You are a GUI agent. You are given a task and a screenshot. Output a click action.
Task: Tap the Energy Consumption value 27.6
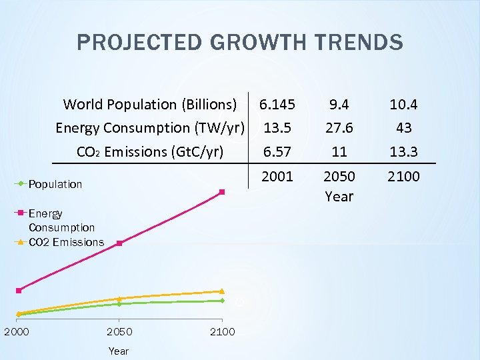click(339, 128)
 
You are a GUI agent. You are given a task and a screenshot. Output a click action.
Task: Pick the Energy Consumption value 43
click(403, 128)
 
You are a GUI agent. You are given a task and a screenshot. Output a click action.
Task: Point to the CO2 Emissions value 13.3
click(403, 152)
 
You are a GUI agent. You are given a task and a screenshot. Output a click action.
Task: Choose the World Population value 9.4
click(339, 105)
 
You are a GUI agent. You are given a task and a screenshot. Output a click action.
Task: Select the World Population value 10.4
click(403, 105)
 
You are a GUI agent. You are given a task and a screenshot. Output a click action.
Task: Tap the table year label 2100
click(403, 177)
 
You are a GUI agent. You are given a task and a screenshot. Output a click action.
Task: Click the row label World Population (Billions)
click(150, 105)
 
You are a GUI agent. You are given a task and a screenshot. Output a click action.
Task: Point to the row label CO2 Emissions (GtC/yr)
click(151, 152)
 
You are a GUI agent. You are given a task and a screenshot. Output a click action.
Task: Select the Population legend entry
click(55, 184)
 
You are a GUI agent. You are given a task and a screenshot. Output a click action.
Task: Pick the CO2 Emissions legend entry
click(66, 242)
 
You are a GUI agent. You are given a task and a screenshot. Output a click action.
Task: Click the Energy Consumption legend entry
click(61, 221)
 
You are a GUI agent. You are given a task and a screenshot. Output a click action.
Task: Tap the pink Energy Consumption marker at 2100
click(222, 192)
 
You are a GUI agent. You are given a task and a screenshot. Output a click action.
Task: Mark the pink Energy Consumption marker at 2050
click(119, 243)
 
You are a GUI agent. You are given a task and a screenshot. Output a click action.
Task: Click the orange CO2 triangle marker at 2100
click(222, 291)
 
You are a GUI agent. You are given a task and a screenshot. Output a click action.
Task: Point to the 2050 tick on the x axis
click(119, 332)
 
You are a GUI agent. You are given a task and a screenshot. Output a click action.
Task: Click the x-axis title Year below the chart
click(119, 351)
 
